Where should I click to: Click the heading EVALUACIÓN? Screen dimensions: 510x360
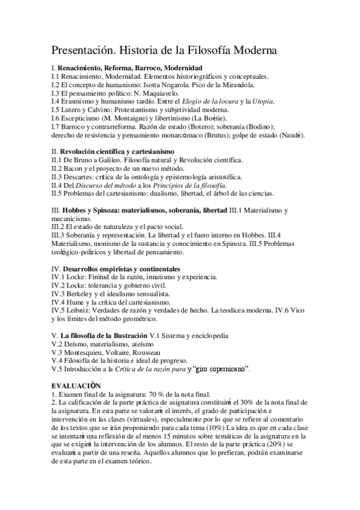(76, 385)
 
